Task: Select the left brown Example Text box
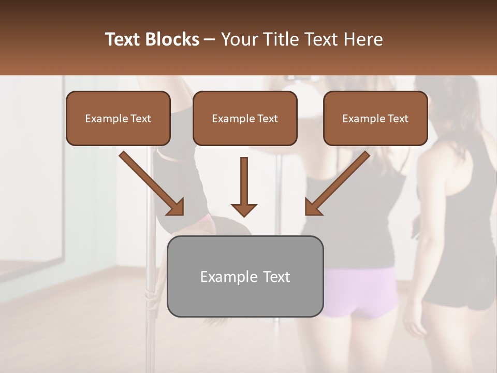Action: coord(118,118)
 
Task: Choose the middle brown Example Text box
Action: coord(245,118)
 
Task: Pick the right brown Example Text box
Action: coord(375,118)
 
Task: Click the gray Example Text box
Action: coord(245,276)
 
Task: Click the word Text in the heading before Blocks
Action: coord(124,39)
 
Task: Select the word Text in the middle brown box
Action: coord(267,119)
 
